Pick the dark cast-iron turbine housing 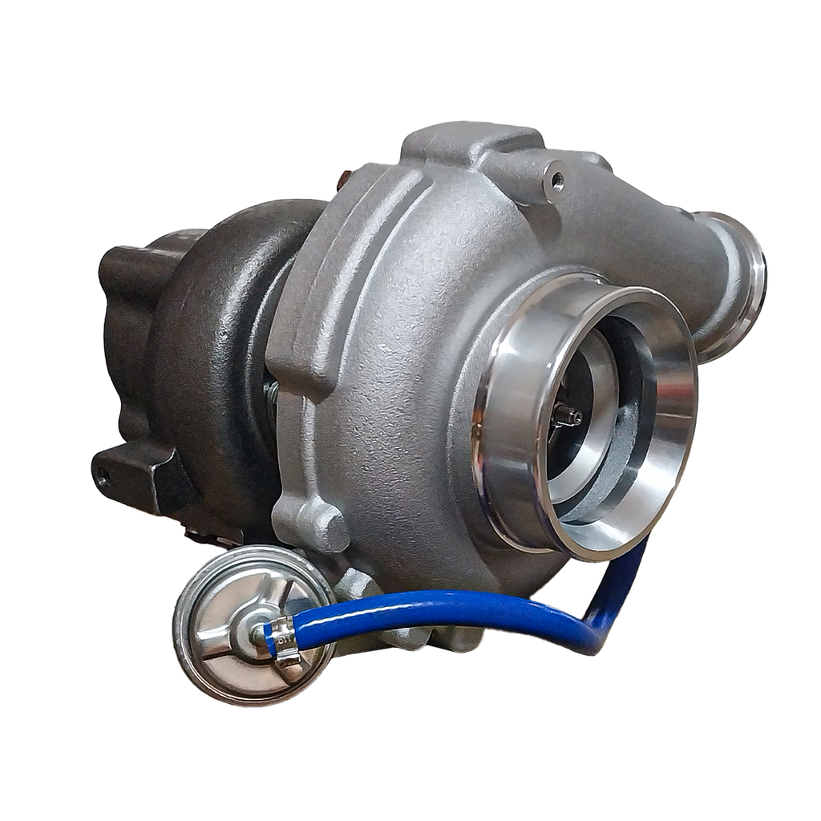[x=208, y=337]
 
